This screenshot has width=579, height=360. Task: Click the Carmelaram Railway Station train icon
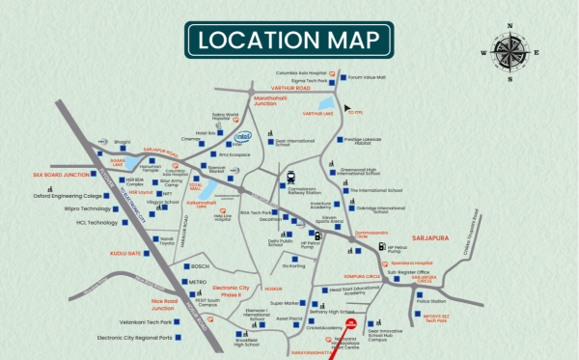[290, 177]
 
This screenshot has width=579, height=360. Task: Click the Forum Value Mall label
[367, 76]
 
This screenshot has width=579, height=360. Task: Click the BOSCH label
[200, 266]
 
